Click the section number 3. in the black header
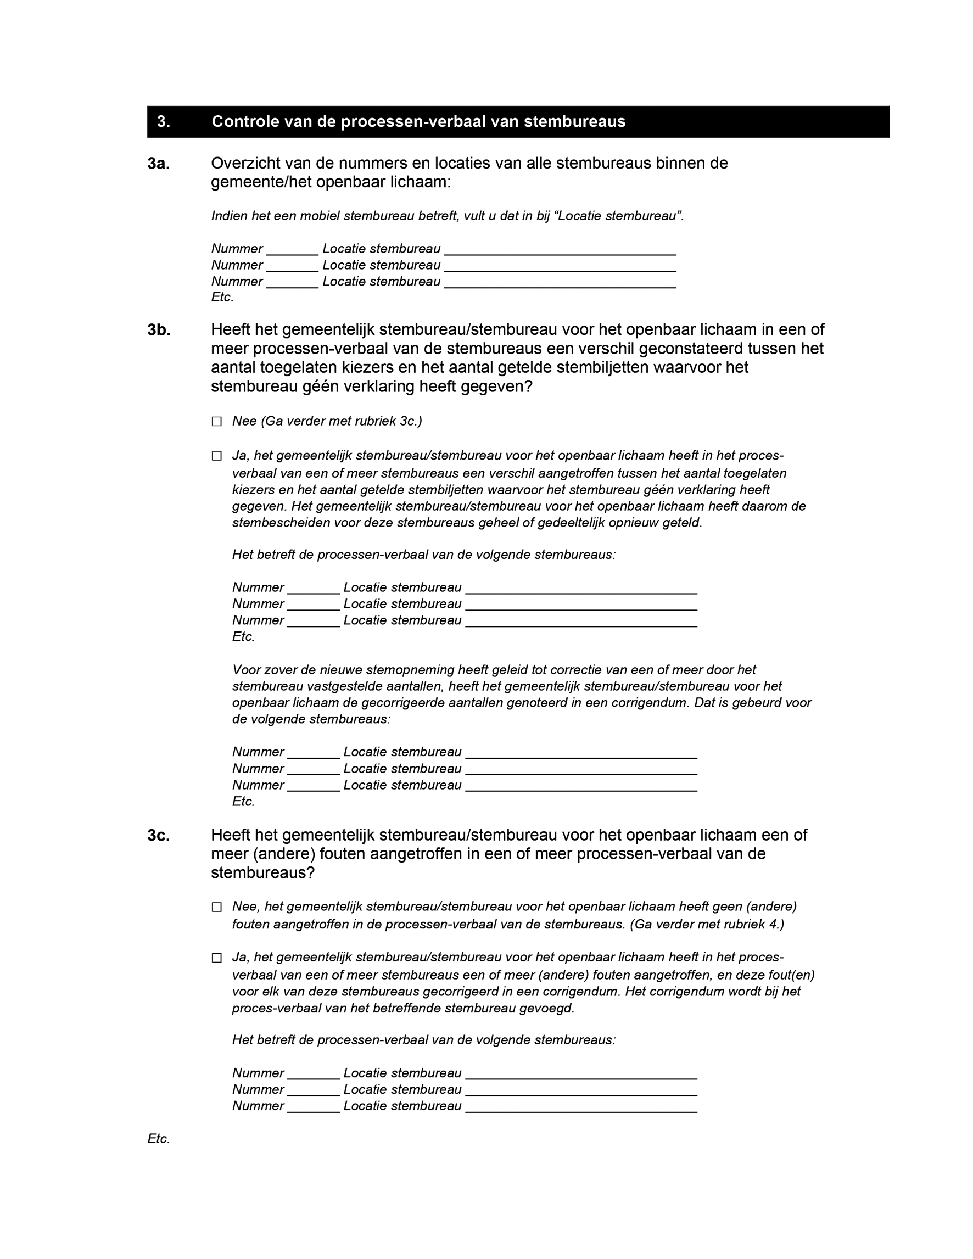(x=163, y=122)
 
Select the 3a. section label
(x=159, y=164)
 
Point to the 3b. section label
(x=159, y=331)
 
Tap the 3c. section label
(x=159, y=836)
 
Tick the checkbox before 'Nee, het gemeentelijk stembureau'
(x=217, y=907)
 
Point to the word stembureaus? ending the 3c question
(x=263, y=873)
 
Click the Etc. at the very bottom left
(x=159, y=1139)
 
